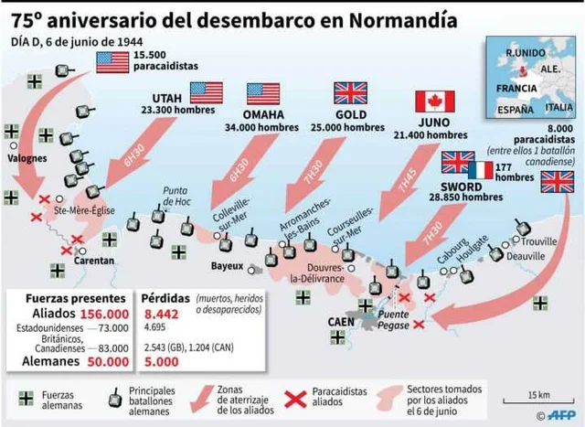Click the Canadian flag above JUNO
click(x=434, y=101)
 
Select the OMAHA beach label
click(x=262, y=114)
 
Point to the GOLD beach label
click(x=350, y=114)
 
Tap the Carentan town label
click(x=95, y=261)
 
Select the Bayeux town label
click(x=227, y=266)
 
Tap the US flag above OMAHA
click(x=263, y=93)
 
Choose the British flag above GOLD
click(x=350, y=92)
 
